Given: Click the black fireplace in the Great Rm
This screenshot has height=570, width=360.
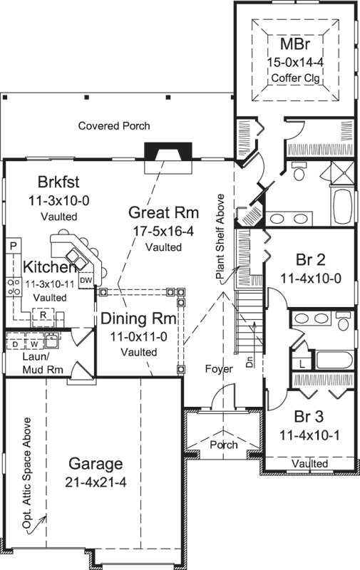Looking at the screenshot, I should click(168, 152).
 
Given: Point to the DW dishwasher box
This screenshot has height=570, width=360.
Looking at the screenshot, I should click(86, 280).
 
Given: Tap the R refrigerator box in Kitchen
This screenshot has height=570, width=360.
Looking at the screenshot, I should click(43, 313).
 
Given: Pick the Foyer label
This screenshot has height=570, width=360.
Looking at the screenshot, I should click(218, 370).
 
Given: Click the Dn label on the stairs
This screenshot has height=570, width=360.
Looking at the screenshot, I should click(250, 361).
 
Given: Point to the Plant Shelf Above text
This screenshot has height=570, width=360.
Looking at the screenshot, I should click(220, 236).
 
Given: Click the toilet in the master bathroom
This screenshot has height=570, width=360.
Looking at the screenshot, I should click(299, 172).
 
